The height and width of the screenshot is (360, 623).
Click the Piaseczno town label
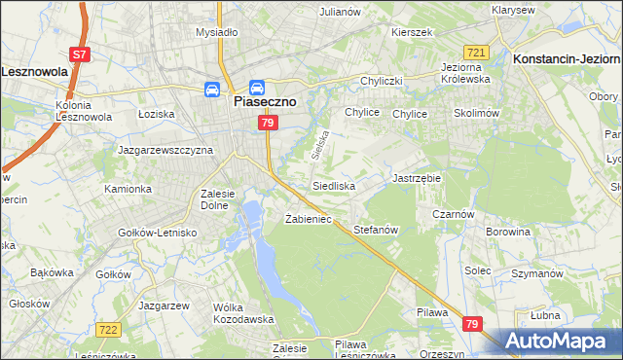[x=264, y=99]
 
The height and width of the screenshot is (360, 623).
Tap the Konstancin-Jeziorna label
[x=566, y=58]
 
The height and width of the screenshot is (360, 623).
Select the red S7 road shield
[x=81, y=55]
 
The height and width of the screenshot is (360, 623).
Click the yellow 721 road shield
[x=476, y=53]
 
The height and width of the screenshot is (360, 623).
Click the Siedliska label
[x=333, y=184]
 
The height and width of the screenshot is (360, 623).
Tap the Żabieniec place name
[x=309, y=219]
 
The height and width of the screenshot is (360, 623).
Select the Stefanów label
[x=377, y=230]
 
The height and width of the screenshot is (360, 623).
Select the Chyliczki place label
[x=383, y=81]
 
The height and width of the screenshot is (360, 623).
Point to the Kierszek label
[x=411, y=32]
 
